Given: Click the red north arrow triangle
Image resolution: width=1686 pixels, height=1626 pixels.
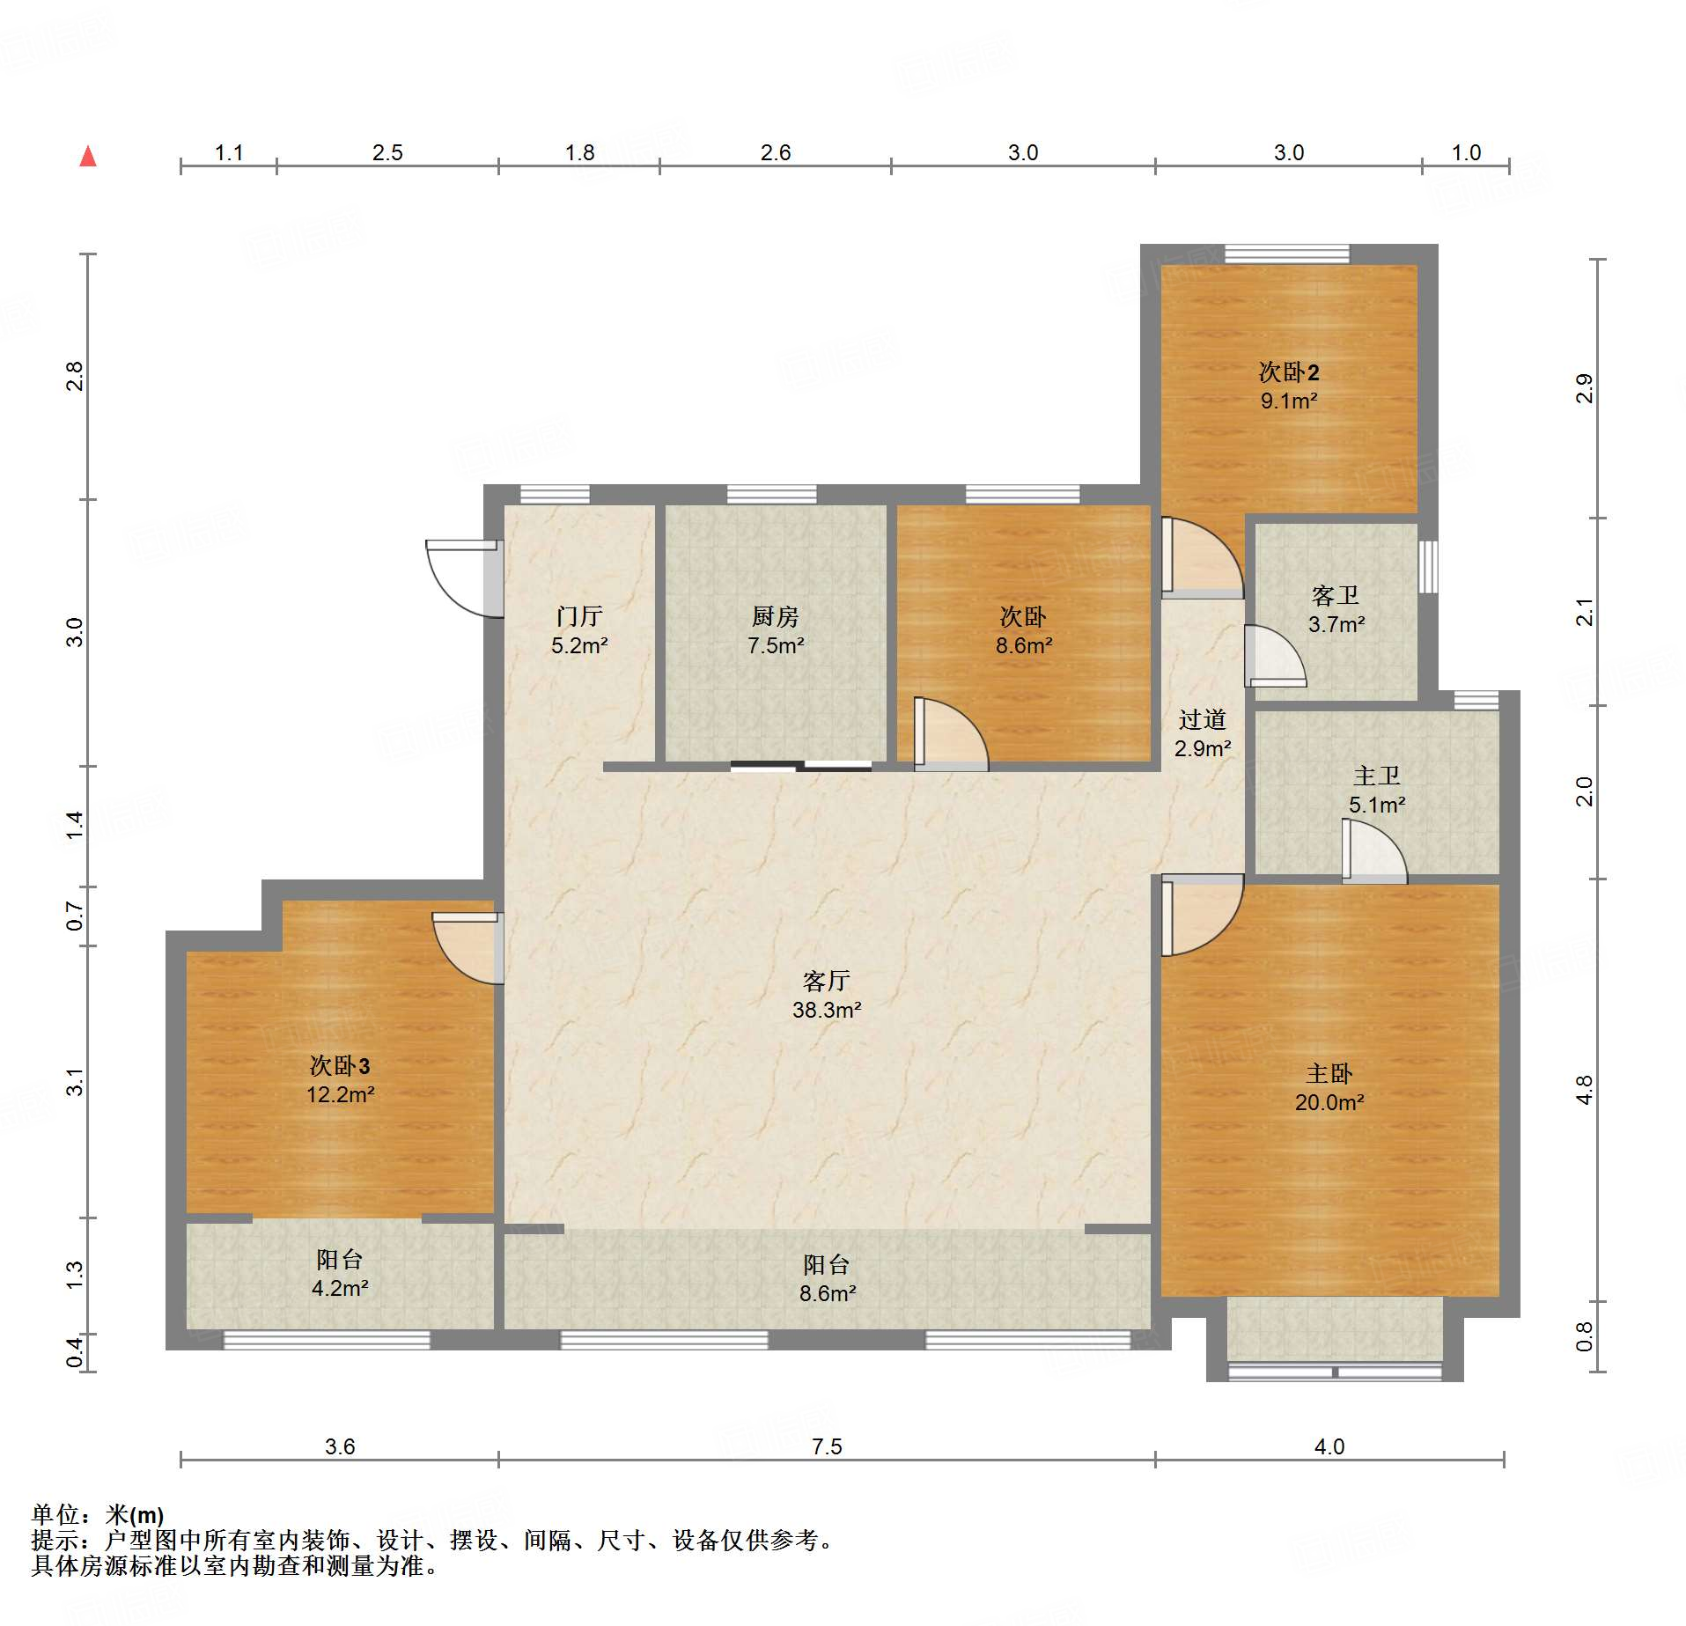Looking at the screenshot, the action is (x=88, y=157).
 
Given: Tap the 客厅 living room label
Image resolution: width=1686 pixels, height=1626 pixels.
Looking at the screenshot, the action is (x=827, y=981).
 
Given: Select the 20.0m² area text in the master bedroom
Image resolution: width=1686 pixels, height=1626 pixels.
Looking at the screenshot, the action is (x=1329, y=1102).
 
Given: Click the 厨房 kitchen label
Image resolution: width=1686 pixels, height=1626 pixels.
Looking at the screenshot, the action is (x=776, y=616).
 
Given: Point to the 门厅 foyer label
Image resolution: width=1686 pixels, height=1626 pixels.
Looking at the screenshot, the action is (x=579, y=616).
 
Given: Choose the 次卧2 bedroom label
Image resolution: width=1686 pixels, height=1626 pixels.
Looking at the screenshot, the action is (x=1289, y=372).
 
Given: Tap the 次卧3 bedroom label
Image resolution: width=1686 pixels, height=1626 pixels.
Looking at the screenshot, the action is (x=340, y=1066).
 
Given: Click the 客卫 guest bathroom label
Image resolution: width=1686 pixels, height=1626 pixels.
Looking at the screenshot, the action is (x=1336, y=596).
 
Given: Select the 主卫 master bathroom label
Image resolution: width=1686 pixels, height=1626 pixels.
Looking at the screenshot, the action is (x=1377, y=776).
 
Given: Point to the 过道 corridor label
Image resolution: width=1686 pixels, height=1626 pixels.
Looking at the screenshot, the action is (x=1203, y=720).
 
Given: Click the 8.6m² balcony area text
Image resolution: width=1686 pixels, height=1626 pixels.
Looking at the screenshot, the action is (x=828, y=1293).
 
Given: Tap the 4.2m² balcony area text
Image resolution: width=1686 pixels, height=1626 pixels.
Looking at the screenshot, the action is (x=340, y=1288).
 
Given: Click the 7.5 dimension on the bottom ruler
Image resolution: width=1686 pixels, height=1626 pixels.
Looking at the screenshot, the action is (x=827, y=1446).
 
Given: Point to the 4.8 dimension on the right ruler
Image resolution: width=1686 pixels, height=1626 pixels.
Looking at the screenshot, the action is (x=1585, y=1090).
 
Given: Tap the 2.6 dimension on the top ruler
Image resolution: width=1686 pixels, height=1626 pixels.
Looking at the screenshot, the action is (x=776, y=152).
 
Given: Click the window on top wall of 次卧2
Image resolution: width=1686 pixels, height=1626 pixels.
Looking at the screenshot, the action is (x=1287, y=254).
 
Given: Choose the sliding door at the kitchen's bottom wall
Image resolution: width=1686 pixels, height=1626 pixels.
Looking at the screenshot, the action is (x=801, y=766).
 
